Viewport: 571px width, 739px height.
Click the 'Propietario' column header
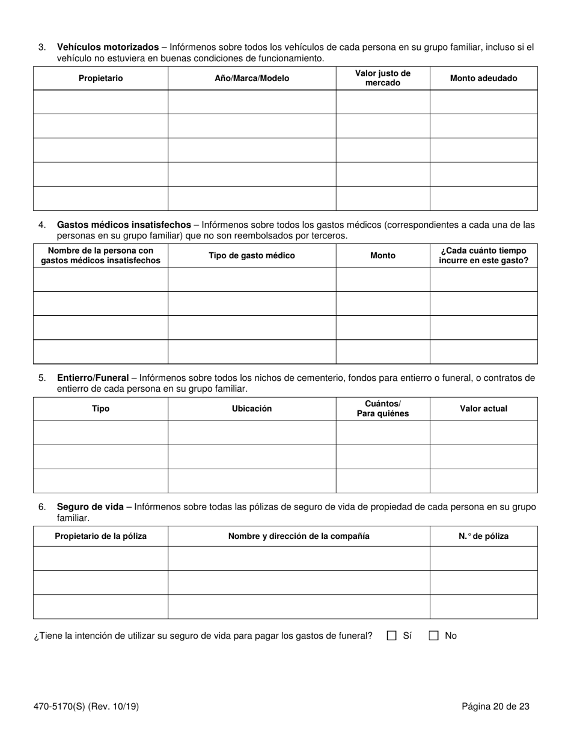point(100,78)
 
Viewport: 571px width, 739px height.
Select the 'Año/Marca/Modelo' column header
point(251,78)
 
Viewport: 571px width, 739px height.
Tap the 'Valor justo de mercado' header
point(382,78)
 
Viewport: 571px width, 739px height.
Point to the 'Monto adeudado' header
point(483,78)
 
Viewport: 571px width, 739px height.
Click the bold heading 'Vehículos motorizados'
point(108,47)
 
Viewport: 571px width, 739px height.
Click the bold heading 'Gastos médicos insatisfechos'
point(124,225)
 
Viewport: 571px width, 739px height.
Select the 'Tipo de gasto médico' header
point(251,255)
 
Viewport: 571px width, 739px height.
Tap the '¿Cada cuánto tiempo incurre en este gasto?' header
point(483,255)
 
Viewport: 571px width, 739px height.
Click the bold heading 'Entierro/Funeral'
point(93,378)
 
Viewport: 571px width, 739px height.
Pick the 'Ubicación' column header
point(251,409)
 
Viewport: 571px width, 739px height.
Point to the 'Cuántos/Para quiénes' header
point(382,409)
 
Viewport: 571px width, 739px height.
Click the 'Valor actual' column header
point(483,409)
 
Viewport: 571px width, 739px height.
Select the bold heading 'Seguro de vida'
point(90,506)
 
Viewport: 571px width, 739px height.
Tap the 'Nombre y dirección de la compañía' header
point(299,536)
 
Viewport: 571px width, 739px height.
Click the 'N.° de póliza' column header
point(483,536)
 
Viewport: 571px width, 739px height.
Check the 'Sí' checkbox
point(392,636)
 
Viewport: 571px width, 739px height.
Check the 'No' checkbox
point(433,636)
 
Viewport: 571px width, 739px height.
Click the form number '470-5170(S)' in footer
point(60,707)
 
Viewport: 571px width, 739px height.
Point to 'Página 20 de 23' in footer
point(495,707)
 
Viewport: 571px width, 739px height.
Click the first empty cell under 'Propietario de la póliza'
point(100,558)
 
